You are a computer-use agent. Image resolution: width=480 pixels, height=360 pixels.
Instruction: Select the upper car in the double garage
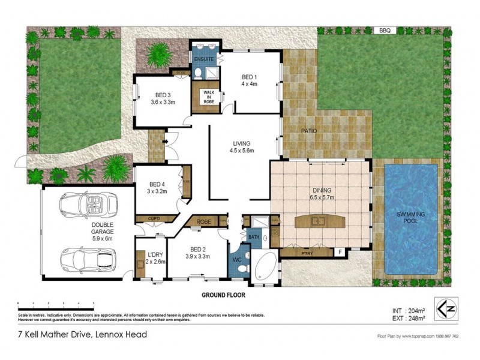[88, 205]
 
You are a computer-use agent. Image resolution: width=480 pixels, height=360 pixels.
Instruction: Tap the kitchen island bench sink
[317, 221]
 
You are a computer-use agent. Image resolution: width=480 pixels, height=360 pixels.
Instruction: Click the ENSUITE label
[205, 59]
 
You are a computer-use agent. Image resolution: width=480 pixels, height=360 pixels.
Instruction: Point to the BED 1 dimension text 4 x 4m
[249, 84]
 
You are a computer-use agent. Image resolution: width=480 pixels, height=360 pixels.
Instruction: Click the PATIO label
[308, 130]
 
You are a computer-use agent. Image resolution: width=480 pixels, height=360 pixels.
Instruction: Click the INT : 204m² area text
[406, 310]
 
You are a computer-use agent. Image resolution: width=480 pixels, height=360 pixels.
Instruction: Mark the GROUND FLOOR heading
[223, 295]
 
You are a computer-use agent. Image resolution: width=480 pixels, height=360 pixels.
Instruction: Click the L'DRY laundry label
[155, 254]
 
